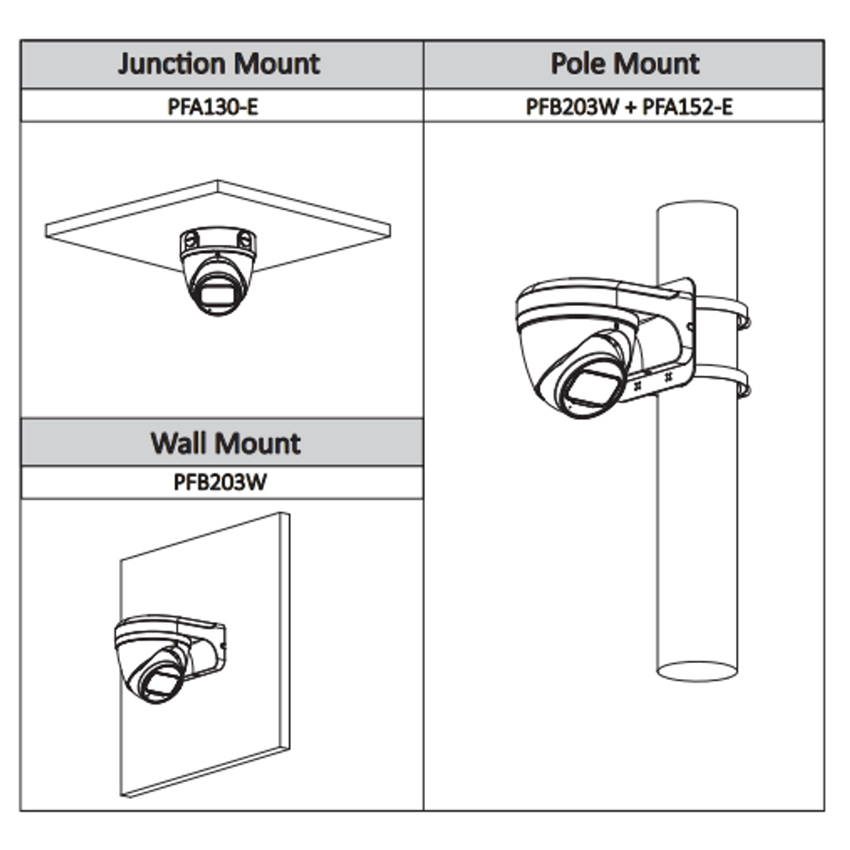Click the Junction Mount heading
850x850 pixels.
tap(219, 64)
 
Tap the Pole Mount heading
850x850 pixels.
tap(624, 64)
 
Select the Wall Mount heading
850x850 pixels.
tap(225, 443)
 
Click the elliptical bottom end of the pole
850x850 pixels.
tap(697, 671)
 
